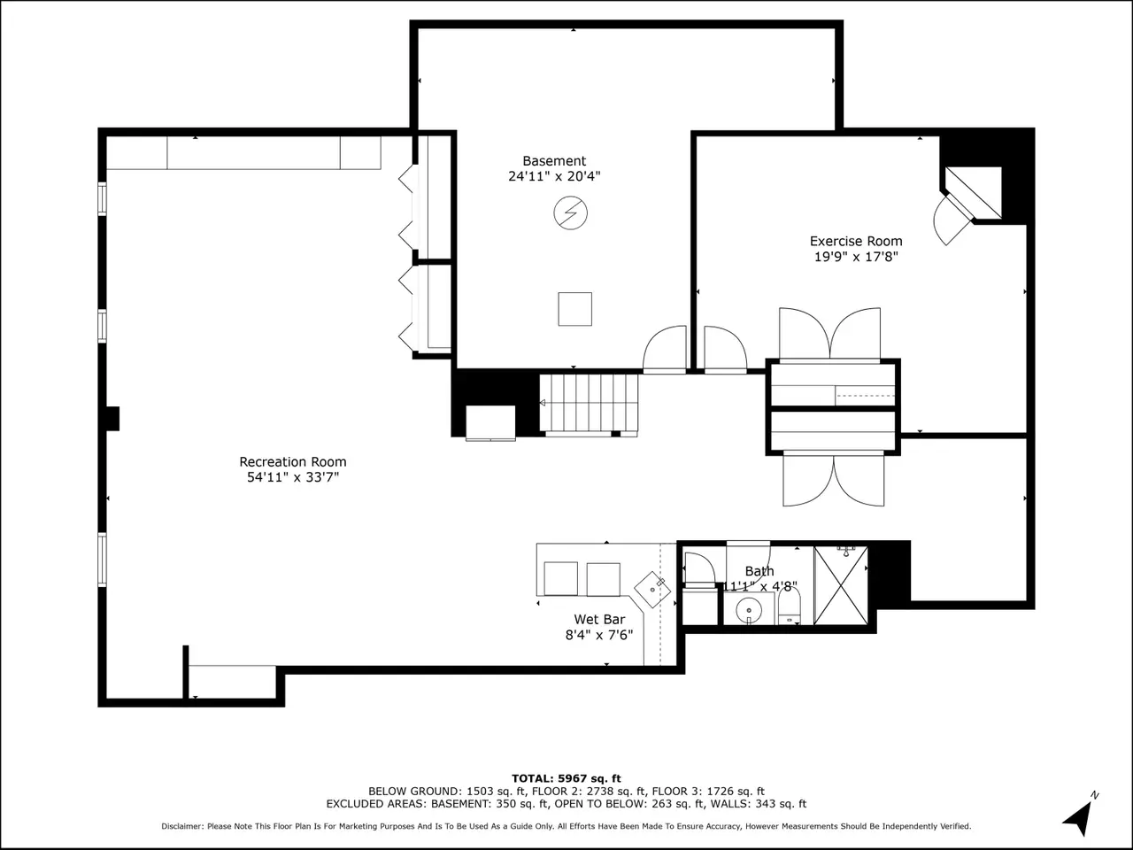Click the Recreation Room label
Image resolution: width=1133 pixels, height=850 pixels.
click(293, 461)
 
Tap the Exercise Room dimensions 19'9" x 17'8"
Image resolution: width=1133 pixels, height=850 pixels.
click(856, 257)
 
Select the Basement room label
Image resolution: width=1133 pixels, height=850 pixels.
click(554, 160)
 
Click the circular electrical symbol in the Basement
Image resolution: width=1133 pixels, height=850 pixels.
click(570, 212)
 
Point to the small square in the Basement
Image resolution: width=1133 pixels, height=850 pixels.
click(575, 309)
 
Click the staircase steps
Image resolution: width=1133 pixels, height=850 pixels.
click(589, 403)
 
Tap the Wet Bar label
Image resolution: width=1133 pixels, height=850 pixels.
click(599, 619)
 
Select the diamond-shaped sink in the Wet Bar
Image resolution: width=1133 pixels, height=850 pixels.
click(652, 589)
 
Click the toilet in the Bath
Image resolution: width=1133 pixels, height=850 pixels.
click(789, 606)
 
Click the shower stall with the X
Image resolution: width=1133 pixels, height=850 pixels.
click(841, 585)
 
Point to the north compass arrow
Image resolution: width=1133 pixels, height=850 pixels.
click(1080, 816)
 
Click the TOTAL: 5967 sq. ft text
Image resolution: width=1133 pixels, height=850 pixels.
click(566, 778)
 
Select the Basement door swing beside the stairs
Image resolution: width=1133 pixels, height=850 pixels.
click(665, 348)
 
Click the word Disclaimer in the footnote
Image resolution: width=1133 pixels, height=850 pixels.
click(182, 826)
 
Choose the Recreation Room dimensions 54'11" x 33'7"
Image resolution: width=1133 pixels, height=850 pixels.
click(293, 477)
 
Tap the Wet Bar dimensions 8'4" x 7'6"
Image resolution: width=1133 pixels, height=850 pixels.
click(599, 635)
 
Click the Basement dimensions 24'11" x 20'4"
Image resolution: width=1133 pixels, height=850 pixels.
click(554, 176)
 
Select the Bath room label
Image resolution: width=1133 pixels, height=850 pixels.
click(759, 571)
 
